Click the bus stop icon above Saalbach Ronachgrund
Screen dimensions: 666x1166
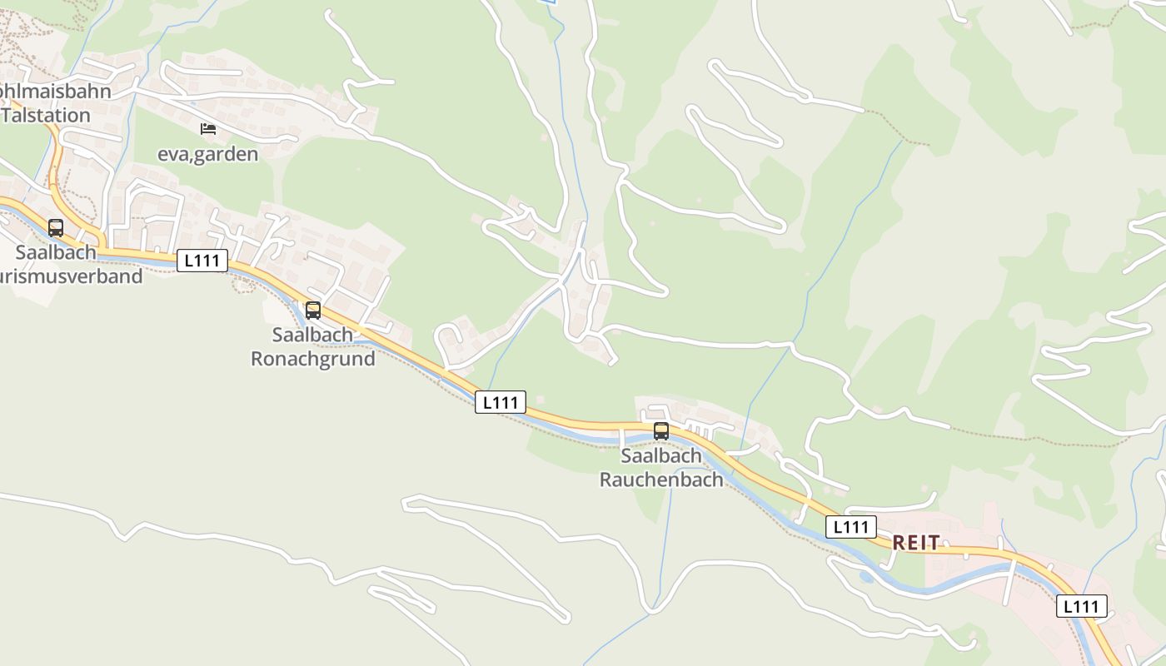[x=313, y=311]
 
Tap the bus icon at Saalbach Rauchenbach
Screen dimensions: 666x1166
[x=661, y=431]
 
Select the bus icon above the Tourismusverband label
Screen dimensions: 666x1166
[x=56, y=228]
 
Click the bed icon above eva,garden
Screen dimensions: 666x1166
[x=208, y=129]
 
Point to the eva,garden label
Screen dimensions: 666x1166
[x=208, y=154]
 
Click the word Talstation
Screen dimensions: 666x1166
[x=46, y=115]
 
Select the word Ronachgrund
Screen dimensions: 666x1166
[x=313, y=359]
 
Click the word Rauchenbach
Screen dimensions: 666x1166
[x=661, y=480]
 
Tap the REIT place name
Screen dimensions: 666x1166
[x=916, y=543]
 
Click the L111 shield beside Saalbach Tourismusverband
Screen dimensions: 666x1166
[x=202, y=261]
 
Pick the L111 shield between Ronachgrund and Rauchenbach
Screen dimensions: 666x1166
[x=501, y=402]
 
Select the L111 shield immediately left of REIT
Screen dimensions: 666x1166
[x=851, y=526]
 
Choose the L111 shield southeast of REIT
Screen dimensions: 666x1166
[x=1082, y=606]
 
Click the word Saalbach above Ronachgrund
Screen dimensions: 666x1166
[x=312, y=335]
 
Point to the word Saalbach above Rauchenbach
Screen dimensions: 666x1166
[x=661, y=456]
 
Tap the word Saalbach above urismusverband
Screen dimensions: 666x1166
[x=56, y=251]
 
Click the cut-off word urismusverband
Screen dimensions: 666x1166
[x=72, y=276]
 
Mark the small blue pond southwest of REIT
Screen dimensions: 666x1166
[x=867, y=577]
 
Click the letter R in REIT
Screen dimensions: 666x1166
[x=899, y=543]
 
